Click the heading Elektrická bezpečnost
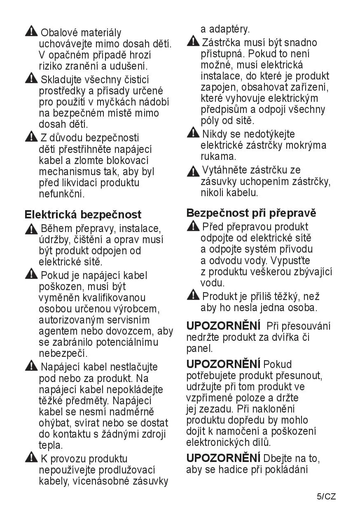point(83,214)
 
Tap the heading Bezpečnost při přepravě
point(251,213)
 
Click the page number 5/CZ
point(327,496)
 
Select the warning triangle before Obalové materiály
point(31,31)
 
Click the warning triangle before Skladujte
point(31,78)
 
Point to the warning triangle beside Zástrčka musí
point(193,42)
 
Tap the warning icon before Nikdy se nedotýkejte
point(193,133)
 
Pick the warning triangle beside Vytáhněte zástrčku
point(193,170)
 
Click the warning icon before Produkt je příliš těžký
point(193,295)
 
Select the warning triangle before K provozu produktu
point(31,458)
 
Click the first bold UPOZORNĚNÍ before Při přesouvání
point(223,326)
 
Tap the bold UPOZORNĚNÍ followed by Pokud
point(223,364)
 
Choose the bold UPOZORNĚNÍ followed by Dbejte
point(223,458)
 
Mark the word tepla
point(51,445)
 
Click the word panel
point(199,349)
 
